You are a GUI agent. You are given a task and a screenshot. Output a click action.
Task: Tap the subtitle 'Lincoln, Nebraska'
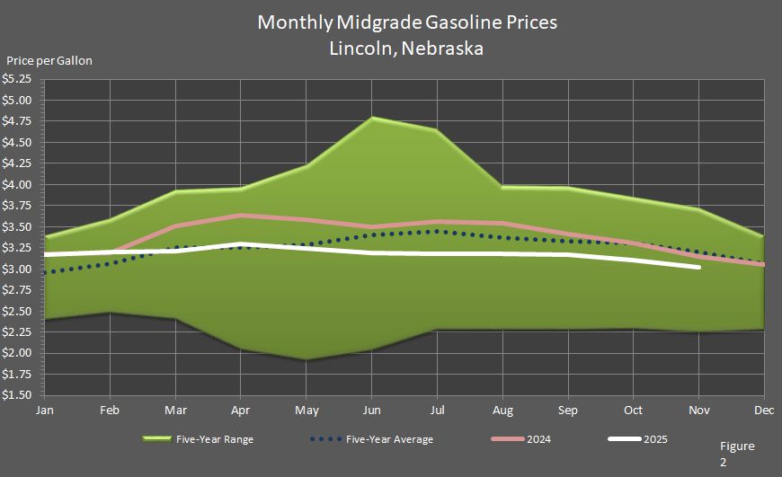[407, 49]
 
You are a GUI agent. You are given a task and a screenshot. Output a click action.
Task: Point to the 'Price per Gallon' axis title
[49, 61]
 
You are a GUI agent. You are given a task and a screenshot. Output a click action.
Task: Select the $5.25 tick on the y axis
[20, 79]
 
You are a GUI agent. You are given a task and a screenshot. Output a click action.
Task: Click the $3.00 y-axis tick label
[20, 269]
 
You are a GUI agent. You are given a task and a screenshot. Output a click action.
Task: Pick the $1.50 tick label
[20, 395]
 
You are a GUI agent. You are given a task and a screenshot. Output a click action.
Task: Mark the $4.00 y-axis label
[20, 185]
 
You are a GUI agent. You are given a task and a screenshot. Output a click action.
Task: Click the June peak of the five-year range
[372, 119]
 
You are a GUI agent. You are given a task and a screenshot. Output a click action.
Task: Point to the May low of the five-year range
[307, 359]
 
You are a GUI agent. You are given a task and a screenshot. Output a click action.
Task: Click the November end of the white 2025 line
[698, 267]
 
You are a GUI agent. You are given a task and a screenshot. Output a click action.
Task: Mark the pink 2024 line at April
[241, 216]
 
